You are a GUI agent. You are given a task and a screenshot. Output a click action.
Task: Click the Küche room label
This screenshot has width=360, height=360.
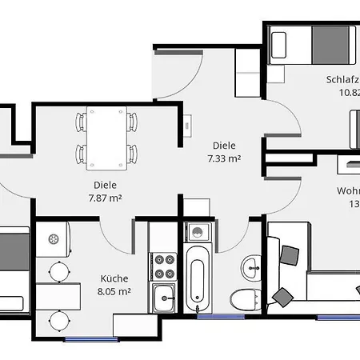pos(114,278)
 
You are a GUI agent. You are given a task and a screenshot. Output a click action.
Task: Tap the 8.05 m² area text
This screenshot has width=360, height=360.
pos(114,292)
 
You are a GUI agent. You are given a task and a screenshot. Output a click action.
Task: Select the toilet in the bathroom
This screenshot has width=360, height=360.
pos(242,301)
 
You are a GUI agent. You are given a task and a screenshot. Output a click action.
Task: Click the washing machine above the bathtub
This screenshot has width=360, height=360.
pos(196,233)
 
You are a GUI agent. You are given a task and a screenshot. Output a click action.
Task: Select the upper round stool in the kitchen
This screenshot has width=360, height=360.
pos(58,270)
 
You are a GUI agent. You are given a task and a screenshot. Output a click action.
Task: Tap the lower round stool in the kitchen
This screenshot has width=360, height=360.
pos(58,321)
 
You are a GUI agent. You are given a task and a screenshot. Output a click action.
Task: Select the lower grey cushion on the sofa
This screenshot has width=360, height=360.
pos(283,297)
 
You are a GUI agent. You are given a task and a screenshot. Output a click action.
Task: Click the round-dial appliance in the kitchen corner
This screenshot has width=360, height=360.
pos(54,238)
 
